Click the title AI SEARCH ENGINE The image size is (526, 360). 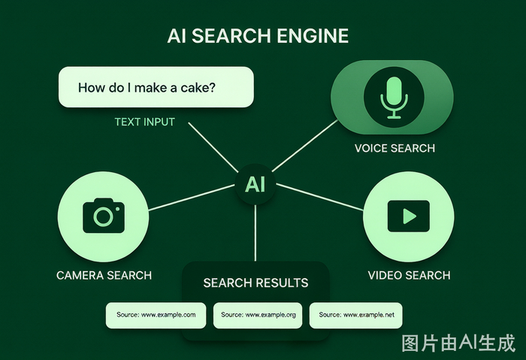[x=258, y=36]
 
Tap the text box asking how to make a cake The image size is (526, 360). [x=156, y=87]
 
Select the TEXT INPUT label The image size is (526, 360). [x=144, y=122]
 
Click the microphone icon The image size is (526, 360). [x=394, y=98]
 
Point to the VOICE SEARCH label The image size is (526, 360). [x=394, y=148]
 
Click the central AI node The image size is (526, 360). [x=255, y=184]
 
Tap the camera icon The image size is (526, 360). [x=104, y=216]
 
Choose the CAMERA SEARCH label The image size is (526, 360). [x=104, y=275]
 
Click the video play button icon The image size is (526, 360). [x=409, y=216]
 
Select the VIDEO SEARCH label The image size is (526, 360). [x=410, y=275]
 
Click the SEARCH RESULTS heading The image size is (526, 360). [x=255, y=283]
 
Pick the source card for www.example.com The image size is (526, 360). [x=156, y=316]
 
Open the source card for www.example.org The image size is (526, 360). [x=258, y=316]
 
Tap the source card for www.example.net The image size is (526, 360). [x=356, y=316]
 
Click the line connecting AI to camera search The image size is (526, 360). [x=192, y=198]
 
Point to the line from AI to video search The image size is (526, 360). [x=320, y=197]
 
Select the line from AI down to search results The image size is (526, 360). [x=255, y=233]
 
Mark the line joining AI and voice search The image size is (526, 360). [x=305, y=146]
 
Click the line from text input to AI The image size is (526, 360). [x=213, y=147]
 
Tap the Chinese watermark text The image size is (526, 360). [x=458, y=343]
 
